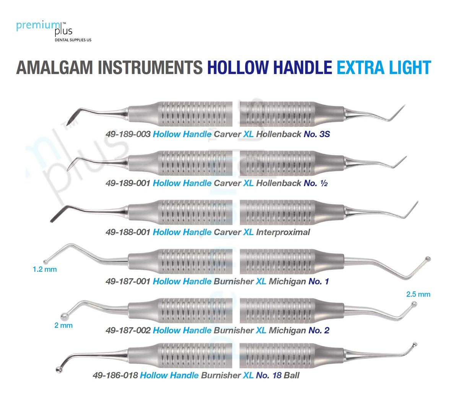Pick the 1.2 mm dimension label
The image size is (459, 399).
tap(45, 269)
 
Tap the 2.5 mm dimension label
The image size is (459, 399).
tap(418, 294)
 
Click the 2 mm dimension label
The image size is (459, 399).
tap(63, 326)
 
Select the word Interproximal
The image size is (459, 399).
tap(283, 232)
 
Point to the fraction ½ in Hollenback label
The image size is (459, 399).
tap(324, 183)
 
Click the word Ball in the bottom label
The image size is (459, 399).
tap(291, 375)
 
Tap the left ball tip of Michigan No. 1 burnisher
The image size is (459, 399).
tap(46, 262)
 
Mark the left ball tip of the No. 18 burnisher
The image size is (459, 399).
tap(59, 370)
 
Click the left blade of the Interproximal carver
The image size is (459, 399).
tap(57, 215)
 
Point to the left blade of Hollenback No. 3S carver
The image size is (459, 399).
tap(72, 118)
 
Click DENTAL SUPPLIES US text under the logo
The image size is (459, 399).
tap(73, 40)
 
